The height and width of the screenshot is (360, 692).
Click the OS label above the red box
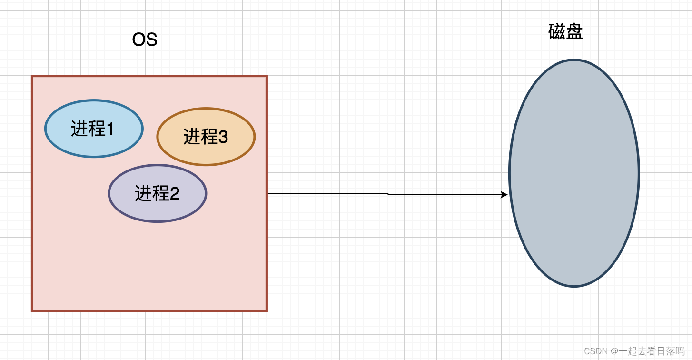[145, 40]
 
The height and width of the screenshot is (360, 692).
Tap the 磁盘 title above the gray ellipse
[565, 32]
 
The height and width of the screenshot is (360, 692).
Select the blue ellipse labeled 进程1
[94, 129]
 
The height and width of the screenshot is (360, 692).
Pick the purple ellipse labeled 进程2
[157, 193]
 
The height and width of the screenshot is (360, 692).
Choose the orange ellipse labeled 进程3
[206, 137]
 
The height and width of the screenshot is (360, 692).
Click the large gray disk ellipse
[574, 173]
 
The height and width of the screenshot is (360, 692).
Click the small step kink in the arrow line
[388, 194]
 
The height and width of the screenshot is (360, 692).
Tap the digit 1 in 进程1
[110, 129]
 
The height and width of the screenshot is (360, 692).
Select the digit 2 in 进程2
[174, 194]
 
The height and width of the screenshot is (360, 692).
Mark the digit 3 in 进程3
[223, 137]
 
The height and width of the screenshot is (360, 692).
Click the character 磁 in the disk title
[557, 32]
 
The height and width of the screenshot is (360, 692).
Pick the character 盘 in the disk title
[574, 32]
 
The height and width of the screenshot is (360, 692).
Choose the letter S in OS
[151, 40]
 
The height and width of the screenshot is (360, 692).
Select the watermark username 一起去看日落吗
[652, 351]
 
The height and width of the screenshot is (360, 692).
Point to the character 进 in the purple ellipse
[143, 194]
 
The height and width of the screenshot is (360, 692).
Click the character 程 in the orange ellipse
[210, 137]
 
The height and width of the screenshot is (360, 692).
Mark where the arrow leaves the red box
[268, 193]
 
